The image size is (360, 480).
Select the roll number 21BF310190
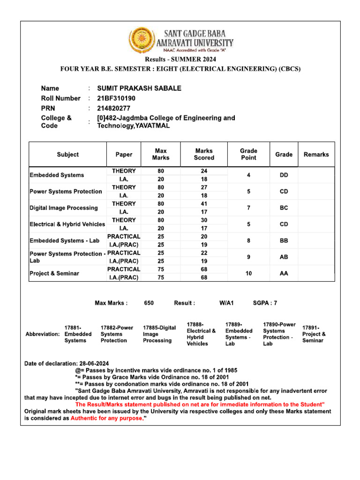point(116,98)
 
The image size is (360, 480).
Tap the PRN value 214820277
point(113,108)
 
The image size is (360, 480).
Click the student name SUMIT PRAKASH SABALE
point(139,89)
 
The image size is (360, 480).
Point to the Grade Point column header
point(248,154)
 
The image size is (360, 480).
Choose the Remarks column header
point(316,154)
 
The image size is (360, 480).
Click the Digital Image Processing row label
point(64,208)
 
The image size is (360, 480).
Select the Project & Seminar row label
point(54,273)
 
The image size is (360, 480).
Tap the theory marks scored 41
point(204,204)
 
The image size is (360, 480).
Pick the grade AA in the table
point(284,273)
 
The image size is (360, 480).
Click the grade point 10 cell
point(248,273)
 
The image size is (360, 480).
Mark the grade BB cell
point(284,240)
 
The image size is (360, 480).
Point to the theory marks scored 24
point(204,171)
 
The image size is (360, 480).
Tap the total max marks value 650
point(149,303)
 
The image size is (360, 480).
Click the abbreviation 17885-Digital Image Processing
point(159,334)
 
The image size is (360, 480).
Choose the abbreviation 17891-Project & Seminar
point(314,334)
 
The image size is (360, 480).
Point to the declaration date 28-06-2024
point(95,363)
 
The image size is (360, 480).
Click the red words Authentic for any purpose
point(107,419)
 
